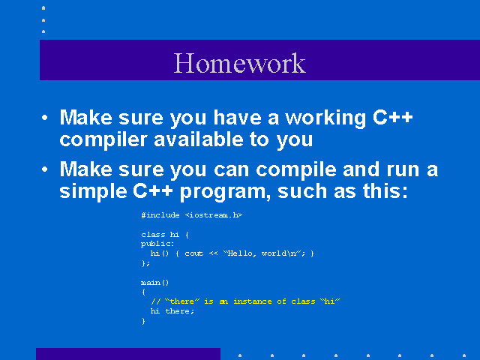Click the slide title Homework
[x=240, y=63]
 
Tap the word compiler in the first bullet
[x=103, y=140]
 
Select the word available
[x=199, y=139]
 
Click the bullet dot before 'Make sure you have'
[x=45, y=118]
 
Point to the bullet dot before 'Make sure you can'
[x=45, y=169]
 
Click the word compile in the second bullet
[x=296, y=171]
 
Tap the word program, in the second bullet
[x=225, y=193]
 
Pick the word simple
[x=93, y=192]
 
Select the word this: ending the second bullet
[x=385, y=190]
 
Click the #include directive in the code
[x=160, y=215]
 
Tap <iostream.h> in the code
[x=213, y=215]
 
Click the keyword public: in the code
[x=157, y=244]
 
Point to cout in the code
[x=193, y=253]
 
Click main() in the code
[x=155, y=282]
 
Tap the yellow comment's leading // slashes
[x=155, y=301]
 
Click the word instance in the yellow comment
[x=253, y=301]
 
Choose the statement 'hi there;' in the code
[x=172, y=311]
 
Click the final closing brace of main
[x=143, y=321]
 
